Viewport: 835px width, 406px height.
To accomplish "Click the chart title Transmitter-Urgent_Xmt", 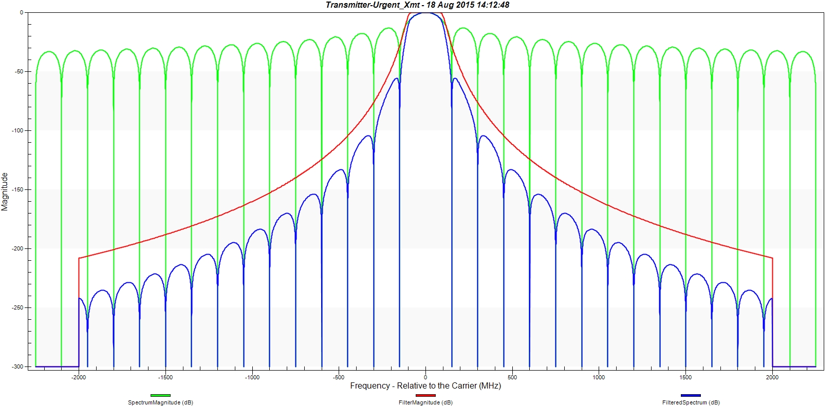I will [417, 5].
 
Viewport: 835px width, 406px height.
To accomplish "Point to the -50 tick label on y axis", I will [19, 71].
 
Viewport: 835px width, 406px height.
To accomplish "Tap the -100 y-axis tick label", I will [17, 130].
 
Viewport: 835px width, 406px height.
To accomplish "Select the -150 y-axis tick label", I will [17, 189].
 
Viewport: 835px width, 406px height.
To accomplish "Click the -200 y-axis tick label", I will [17, 248].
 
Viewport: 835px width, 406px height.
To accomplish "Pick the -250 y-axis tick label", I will [17, 307].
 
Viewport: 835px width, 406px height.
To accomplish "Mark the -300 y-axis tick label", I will [17, 366].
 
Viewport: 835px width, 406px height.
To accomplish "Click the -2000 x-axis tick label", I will [79, 377].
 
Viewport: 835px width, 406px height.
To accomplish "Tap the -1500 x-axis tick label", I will [165, 377].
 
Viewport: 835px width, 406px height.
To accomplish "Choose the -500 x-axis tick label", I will [339, 377].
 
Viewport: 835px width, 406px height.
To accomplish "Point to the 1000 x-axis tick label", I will [599, 377].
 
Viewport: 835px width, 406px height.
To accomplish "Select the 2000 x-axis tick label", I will [772, 377].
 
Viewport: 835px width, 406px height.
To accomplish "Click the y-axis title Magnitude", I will [5, 191].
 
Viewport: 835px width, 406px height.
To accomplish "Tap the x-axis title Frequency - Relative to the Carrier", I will [425, 386].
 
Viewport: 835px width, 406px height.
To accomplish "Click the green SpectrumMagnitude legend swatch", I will [160, 395].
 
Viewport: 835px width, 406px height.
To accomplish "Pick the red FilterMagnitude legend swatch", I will [425, 395].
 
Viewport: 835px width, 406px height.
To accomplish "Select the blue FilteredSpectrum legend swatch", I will [691, 395].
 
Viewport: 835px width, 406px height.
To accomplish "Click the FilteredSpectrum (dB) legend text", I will [691, 402].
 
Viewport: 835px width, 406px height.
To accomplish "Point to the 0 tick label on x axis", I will [425, 377].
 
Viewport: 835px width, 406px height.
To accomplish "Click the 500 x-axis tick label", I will [512, 377].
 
